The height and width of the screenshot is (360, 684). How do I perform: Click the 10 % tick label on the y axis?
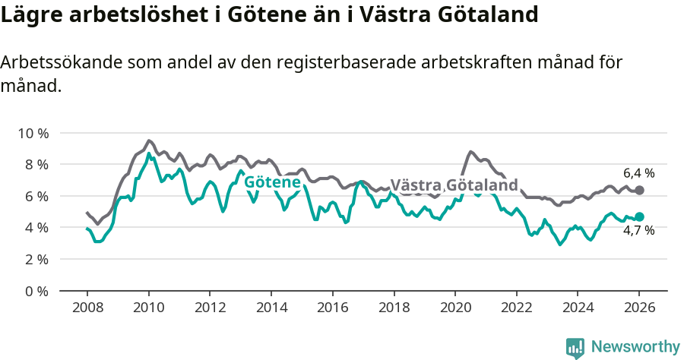click(x=33, y=133)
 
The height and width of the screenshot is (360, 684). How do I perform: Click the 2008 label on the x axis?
click(x=87, y=308)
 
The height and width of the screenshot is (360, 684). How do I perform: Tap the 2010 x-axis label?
click(x=148, y=308)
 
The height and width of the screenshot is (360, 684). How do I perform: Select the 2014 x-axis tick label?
click(x=271, y=308)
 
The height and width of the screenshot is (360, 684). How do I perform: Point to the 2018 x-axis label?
click(x=394, y=308)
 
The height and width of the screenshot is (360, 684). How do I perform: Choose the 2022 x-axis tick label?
click(x=516, y=308)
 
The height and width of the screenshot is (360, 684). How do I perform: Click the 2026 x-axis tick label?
click(x=639, y=308)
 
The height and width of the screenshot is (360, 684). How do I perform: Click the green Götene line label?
click(x=271, y=182)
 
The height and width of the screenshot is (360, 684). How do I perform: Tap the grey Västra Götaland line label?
click(x=454, y=185)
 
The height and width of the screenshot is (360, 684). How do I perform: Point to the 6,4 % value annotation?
click(x=638, y=173)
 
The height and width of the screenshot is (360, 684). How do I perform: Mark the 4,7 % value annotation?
click(x=638, y=231)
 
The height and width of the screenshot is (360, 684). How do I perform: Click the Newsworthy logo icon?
click(x=575, y=347)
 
